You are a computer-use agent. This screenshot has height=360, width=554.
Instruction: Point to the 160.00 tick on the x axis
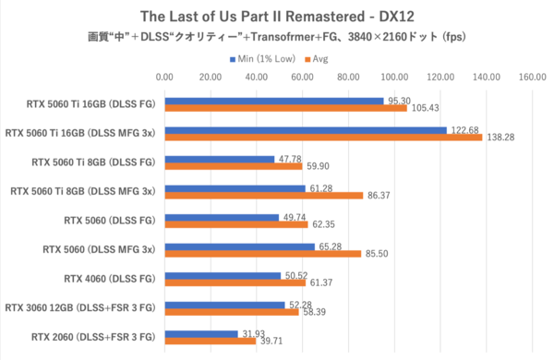(532, 78)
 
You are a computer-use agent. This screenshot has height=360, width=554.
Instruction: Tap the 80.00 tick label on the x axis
(348, 78)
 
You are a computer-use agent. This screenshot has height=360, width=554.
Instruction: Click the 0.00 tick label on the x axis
(165, 78)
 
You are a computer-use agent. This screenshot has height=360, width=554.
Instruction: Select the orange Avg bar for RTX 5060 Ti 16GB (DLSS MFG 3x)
(323, 138)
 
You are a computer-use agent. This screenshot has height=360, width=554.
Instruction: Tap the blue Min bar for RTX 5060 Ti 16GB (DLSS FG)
(273, 101)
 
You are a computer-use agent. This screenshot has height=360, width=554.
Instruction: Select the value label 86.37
(380, 196)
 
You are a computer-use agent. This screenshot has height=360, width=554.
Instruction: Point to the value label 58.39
(315, 313)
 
